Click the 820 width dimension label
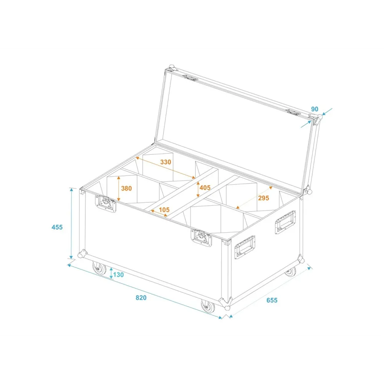141,298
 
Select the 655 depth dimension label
272,300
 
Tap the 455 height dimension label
57,227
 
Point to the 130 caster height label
118,275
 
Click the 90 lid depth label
315,109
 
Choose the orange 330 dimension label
166,162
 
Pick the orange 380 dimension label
126,188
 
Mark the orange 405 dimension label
205,188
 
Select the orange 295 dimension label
263,198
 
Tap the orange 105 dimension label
164,210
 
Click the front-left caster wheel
99,268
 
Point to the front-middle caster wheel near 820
208,306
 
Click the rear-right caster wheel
290,271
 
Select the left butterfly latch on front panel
106,203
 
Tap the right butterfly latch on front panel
201,238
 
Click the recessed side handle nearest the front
245,247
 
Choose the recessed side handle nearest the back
285,222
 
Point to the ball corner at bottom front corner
226,304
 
